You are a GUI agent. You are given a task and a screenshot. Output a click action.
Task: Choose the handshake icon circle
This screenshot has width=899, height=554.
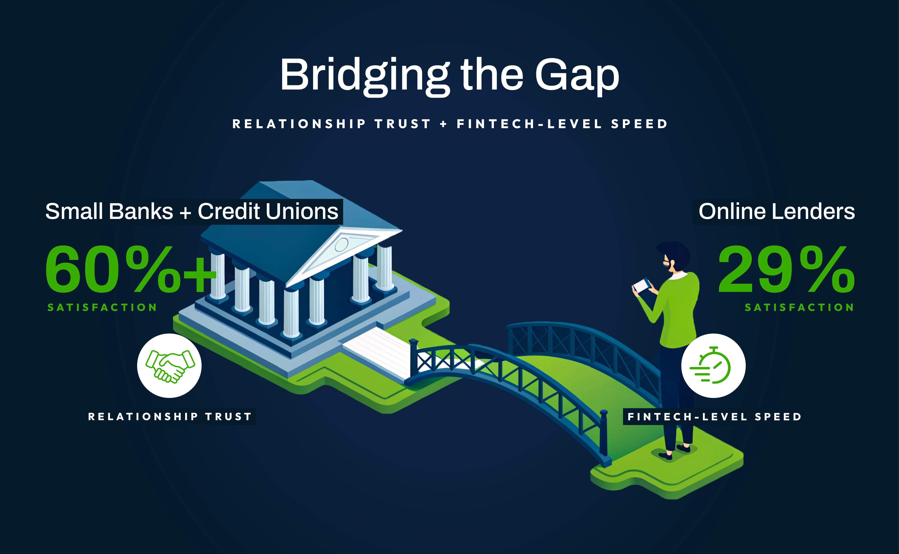click(x=169, y=366)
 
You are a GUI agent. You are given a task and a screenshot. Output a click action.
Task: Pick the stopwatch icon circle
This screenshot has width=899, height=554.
click(x=713, y=366)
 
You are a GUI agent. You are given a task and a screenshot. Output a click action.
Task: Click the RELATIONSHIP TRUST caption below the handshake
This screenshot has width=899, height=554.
click(x=170, y=417)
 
